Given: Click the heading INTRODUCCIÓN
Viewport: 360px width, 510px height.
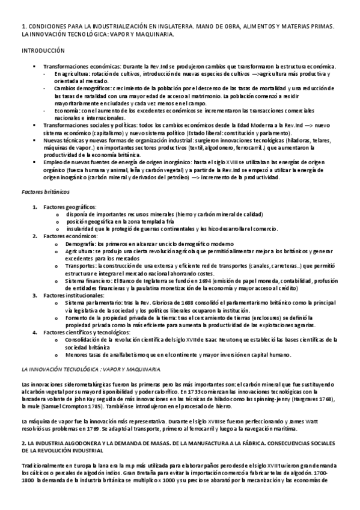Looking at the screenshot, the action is pos(42,52).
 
